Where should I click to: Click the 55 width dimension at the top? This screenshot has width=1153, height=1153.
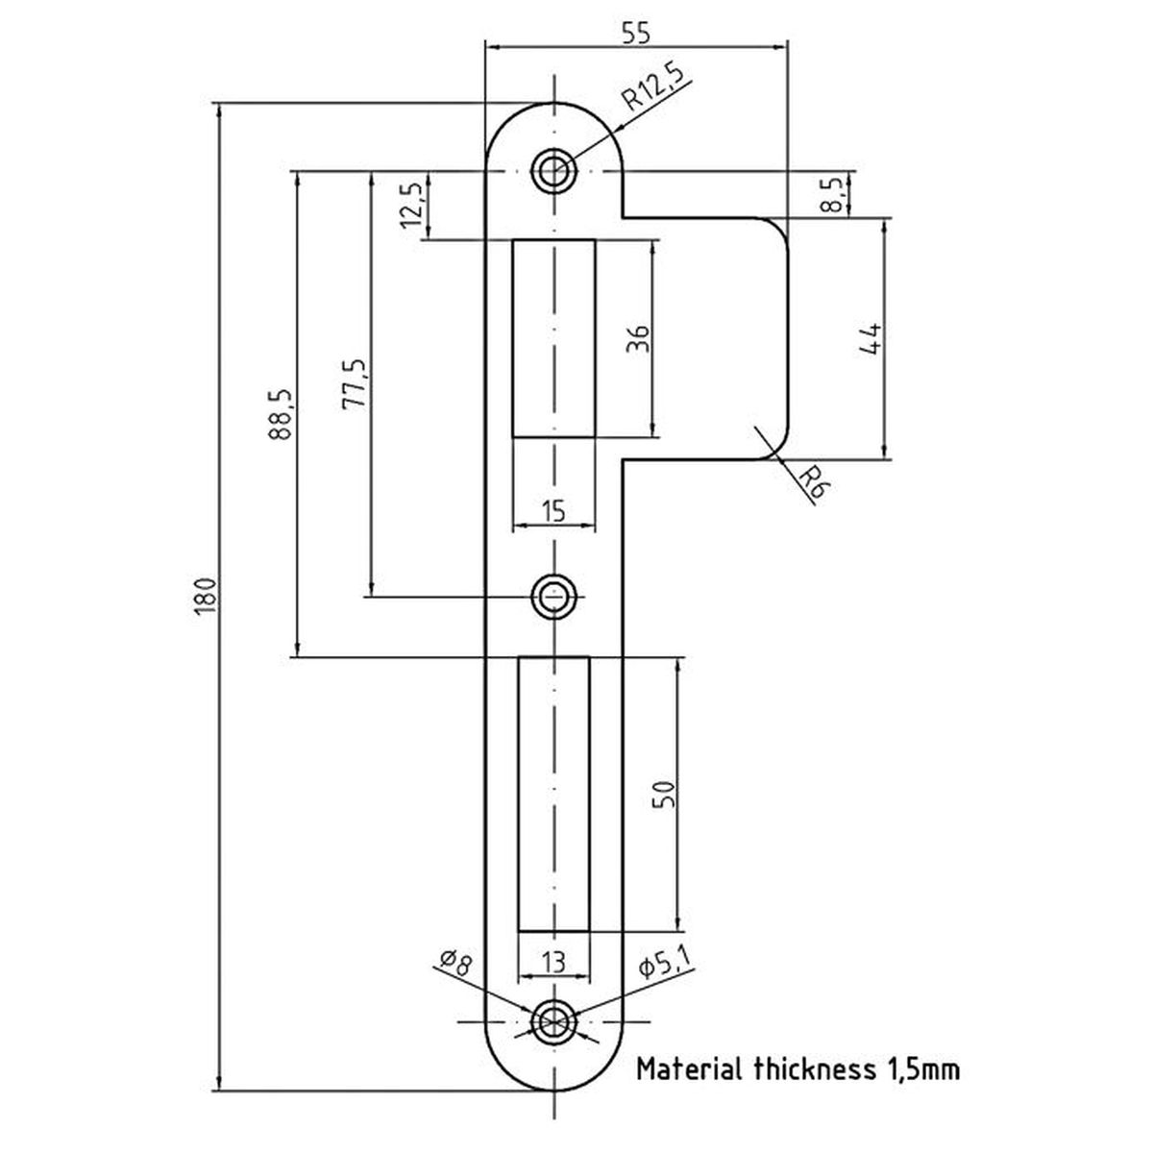(x=635, y=34)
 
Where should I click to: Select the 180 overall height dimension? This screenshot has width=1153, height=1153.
(x=205, y=596)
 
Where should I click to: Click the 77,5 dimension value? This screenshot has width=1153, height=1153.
(x=354, y=384)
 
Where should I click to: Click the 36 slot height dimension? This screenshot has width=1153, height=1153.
(x=637, y=338)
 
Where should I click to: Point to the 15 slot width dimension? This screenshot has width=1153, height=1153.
(x=554, y=511)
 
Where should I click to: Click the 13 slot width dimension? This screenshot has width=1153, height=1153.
(x=553, y=963)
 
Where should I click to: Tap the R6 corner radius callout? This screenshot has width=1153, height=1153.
(x=813, y=482)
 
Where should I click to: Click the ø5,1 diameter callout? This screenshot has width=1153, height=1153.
(x=665, y=962)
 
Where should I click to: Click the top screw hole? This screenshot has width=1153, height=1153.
(x=554, y=170)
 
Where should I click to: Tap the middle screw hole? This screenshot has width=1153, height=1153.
(x=554, y=597)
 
